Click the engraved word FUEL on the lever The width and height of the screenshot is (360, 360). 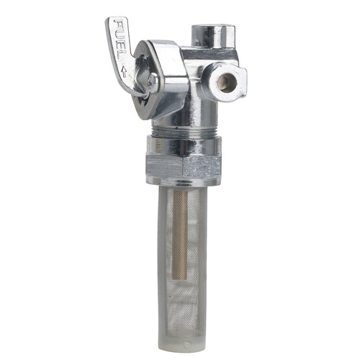click(x=120, y=43)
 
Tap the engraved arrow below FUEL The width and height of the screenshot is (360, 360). click(x=126, y=71)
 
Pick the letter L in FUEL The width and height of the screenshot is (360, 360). click(x=123, y=58)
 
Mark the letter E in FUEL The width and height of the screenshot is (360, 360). click(x=121, y=48)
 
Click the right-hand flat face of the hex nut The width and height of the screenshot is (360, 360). click(x=204, y=166)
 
